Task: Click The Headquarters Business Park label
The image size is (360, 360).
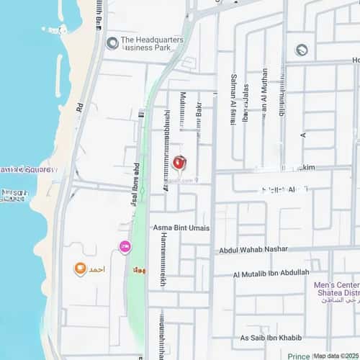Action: click(x=153, y=45)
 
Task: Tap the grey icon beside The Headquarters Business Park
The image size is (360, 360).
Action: click(x=112, y=43)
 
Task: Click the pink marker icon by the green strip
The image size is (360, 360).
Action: click(x=125, y=248)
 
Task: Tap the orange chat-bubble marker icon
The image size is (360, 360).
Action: click(x=81, y=269)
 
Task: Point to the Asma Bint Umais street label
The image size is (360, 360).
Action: click(x=181, y=228)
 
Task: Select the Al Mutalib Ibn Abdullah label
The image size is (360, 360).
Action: click(x=271, y=273)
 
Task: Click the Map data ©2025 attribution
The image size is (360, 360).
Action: click(x=336, y=356)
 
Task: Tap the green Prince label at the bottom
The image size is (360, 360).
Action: click(x=299, y=356)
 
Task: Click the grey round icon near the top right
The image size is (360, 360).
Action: click(x=301, y=50)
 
